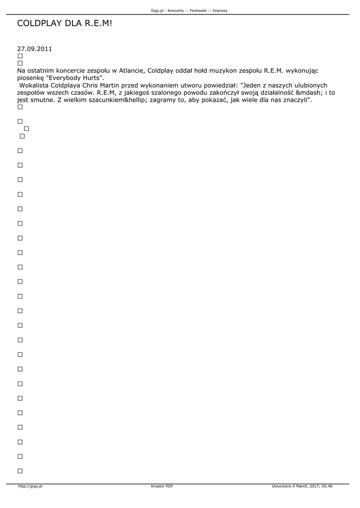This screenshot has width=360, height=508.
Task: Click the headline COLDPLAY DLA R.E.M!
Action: tap(65, 23)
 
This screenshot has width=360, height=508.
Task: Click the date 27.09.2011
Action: tap(34, 49)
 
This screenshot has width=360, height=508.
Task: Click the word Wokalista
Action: tap(34, 85)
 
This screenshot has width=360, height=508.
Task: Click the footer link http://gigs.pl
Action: tap(30, 487)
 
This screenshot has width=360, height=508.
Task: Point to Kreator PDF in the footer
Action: tap(162, 487)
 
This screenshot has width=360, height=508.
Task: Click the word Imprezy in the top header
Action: tap(219, 10)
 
